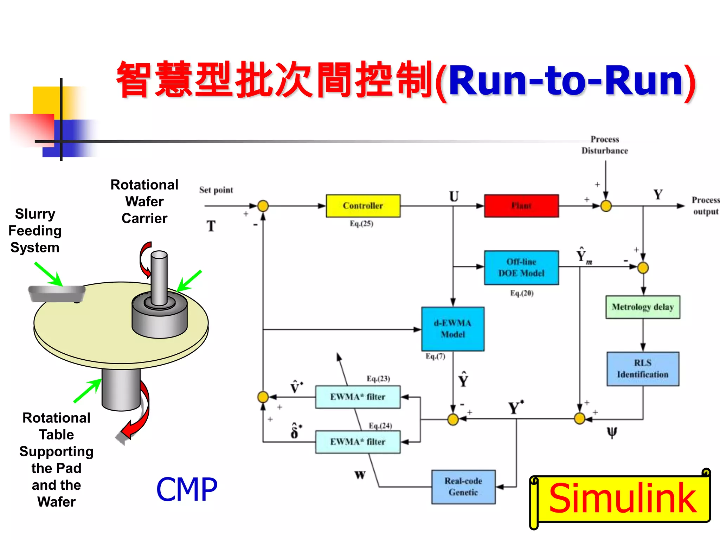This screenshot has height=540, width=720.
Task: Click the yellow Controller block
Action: point(363,206)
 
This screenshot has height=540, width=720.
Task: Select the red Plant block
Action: point(521,206)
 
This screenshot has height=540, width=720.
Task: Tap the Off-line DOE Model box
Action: point(521,268)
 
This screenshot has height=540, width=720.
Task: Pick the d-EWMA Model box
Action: point(453,329)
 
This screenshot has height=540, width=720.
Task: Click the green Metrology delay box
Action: point(643,307)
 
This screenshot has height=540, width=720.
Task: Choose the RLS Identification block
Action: point(643,369)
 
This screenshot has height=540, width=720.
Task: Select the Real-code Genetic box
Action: point(463,487)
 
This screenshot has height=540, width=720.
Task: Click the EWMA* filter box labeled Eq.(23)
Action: point(358,397)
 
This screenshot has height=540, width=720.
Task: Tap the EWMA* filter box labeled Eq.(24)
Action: point(358,442)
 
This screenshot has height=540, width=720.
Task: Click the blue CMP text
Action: point(187,490)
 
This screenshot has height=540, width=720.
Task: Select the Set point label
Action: point(216,190)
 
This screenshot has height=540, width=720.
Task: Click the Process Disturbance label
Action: point(605,145)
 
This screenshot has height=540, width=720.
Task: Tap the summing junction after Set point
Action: point(263,206)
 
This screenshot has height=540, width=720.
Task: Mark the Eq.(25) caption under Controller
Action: point(361,224)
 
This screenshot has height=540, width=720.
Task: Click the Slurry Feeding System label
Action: point(35,231)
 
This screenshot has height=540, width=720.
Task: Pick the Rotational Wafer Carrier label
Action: point(144,201)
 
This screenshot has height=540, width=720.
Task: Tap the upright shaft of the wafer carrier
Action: point(159,278)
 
